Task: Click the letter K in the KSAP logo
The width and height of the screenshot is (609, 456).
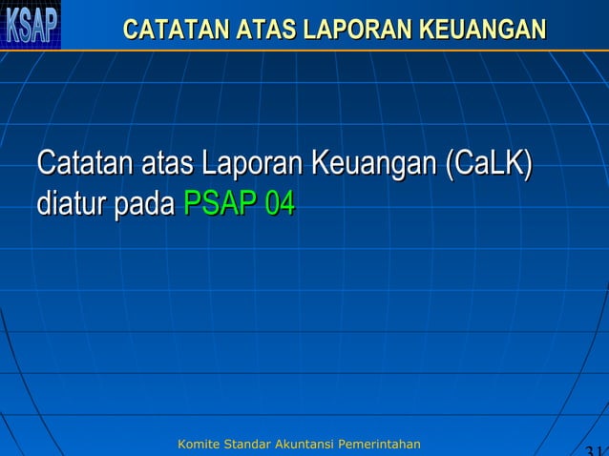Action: coord(12,25)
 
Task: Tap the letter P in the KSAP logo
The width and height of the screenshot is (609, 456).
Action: coord(50,25)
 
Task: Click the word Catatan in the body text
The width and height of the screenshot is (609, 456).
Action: coord(84,163)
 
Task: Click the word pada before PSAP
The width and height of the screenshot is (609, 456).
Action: coord(145,205)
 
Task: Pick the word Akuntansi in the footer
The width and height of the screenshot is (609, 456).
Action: coord(306,445)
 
